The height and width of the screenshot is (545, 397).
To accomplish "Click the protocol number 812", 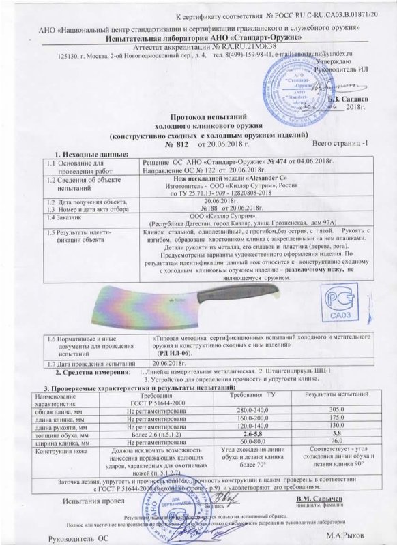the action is [x=181, y=145].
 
